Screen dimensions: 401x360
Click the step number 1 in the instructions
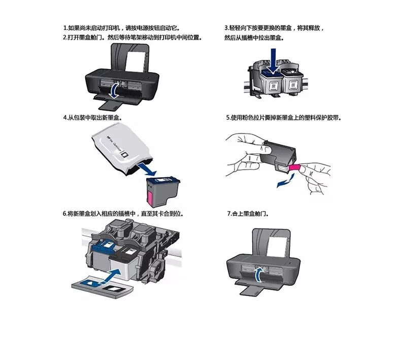tap(65, 27)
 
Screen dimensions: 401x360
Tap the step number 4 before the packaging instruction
tap(65, 118)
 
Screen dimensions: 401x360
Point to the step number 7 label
tap(229, 213)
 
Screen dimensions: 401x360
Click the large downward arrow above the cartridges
tap(274, 61)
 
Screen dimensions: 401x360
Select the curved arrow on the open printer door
tap(115, 90)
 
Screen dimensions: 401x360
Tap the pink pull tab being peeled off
tap(294, 168)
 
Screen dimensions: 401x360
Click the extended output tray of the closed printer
tap(251, 291)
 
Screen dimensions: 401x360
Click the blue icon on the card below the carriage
tap(91, 283)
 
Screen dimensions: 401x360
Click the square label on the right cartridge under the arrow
tap(292, 85)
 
